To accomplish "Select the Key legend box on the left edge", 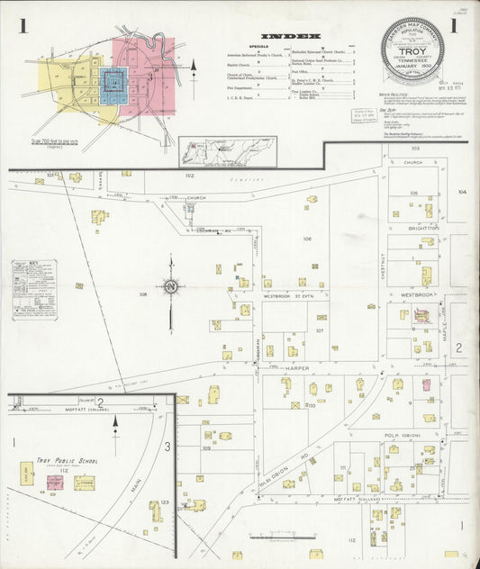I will [28, 290].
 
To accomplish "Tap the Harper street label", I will [298, 369].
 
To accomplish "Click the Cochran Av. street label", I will [214, 231].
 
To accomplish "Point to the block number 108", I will [142, 294].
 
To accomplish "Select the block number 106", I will [307, 239].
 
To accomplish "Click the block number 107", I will [318, 330].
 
